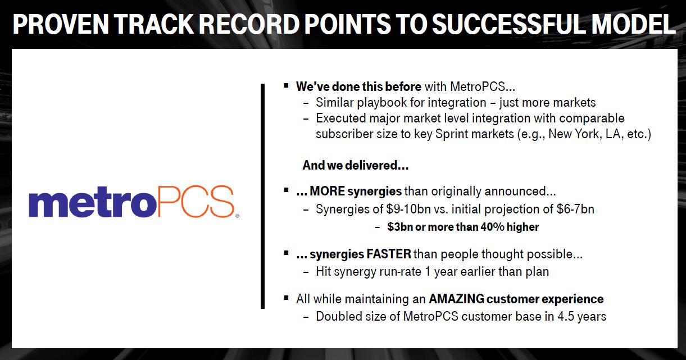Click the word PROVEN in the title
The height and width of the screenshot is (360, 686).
click(x=61, y=24)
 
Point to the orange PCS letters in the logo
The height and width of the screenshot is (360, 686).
click(x=196, y=201)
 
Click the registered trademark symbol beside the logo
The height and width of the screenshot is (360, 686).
click(x=237, y=216)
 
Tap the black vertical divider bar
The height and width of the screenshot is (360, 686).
click(x=262, y=196)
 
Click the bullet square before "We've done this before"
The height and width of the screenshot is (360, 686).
click(x=286, y=85)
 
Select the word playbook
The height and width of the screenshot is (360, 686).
click(x=381, y=103)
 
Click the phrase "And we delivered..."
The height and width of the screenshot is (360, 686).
click(x=355, y=165)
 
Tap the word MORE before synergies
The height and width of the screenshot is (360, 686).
click(x=327, y=192)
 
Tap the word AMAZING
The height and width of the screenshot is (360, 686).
click(x=456, y=299)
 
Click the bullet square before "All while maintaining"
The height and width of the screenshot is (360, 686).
click(x=286, y=298)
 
